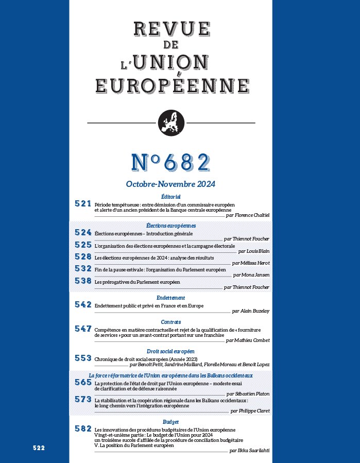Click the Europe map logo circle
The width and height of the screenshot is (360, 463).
click(170, 123)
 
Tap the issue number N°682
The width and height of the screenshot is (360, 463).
click(170, 163)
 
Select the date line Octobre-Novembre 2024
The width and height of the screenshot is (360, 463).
click(170, 184)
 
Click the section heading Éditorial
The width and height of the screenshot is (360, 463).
click(170, 197)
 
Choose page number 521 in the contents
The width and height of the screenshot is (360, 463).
click(82, 204)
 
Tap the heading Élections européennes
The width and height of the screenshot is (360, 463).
click(170, 226)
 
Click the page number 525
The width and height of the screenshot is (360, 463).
click(82, 245)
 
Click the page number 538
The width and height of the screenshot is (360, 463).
click(82, 281)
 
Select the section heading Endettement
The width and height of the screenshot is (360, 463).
click(170, 298)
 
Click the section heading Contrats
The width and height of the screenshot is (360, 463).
click(170, 322)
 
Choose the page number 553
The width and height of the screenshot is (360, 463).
click(82, 357)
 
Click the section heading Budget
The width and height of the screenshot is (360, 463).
click(170, 422)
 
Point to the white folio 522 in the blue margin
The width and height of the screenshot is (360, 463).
click(39, 448)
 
